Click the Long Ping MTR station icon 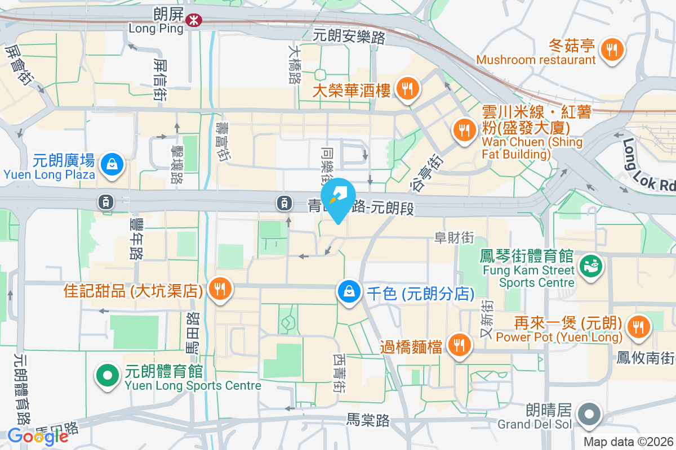pos(194,20)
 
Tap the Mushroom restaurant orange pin pos(611,49)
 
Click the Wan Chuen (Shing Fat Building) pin pos(464,130)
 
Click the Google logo pos(38,436)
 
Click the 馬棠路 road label pos(368,420)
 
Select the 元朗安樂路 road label pos(349,37)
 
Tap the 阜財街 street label pos(454,238)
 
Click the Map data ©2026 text pos(628,442)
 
